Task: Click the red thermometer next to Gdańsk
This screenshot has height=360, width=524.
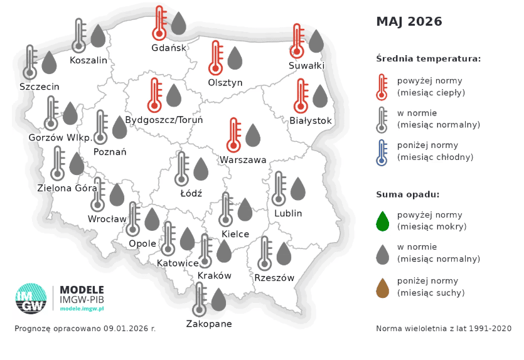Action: coord(159,24)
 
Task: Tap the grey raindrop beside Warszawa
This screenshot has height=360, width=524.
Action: coord(253,135)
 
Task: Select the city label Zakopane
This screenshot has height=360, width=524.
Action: coord(209,324)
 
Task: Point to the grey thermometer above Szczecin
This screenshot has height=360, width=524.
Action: coord(30,62)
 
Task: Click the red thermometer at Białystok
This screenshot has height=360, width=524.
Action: coord(301,96)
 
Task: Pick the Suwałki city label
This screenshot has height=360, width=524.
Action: coord(306,65)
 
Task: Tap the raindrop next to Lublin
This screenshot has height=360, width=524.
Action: coord(298,189)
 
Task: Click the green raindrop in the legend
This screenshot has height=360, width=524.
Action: coord(382,220)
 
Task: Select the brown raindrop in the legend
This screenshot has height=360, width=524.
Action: coord(382,288)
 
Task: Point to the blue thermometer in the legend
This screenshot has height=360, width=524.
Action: coord(381,152)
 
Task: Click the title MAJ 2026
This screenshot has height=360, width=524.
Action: coord(409,22)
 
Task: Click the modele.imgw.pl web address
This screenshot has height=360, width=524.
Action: coord(82,309)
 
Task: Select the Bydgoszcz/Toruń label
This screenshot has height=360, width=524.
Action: coord(164,120)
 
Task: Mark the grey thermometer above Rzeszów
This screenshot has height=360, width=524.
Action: coord(265,253)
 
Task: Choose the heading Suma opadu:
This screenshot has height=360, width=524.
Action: coord(408,194)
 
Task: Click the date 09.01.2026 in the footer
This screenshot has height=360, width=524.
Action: coord(120,328)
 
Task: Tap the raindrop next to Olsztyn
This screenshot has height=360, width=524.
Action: coord(235,58)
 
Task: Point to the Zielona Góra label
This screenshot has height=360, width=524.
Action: coord(68,187)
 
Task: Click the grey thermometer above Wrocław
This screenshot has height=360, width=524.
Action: coord(98,194)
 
